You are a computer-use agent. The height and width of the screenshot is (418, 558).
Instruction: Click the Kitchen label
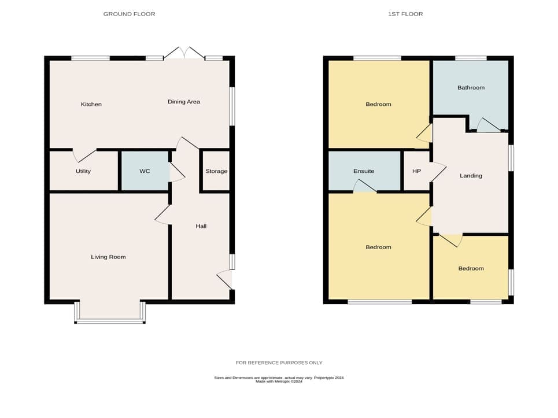pos(91,104)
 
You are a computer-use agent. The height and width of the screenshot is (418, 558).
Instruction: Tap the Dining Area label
pos(184,102)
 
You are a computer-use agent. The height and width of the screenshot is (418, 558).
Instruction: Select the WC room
pos(145,171)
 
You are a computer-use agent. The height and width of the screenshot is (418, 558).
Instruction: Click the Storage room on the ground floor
pos(216,171)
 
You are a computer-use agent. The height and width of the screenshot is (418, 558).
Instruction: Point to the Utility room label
pos(83,171)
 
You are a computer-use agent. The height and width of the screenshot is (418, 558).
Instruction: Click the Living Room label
pos(108,257)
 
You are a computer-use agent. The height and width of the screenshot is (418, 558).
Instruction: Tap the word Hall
pos(201,226)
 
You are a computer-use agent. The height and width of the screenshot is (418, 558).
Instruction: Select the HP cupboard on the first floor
pos(417,171)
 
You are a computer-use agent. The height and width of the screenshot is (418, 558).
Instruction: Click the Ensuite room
pos(364,171)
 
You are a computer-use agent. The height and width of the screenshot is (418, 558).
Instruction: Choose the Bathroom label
pos(471,87)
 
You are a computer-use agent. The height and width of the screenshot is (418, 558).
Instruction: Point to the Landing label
pos(471,176)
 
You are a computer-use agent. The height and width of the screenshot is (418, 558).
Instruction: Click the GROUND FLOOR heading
pos(129,14)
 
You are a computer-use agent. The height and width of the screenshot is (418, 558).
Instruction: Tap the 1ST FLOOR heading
pos(405,14)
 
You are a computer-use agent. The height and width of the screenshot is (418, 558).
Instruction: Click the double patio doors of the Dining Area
pos(184,53)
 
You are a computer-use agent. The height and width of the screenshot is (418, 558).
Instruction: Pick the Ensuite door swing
pos(365,186)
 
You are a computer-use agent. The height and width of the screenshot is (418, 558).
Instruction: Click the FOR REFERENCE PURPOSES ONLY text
pos(279,363)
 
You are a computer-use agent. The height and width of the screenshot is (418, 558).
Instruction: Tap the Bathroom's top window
pos(471,58)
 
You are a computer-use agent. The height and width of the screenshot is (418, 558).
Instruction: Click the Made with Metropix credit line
pos(279,382)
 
